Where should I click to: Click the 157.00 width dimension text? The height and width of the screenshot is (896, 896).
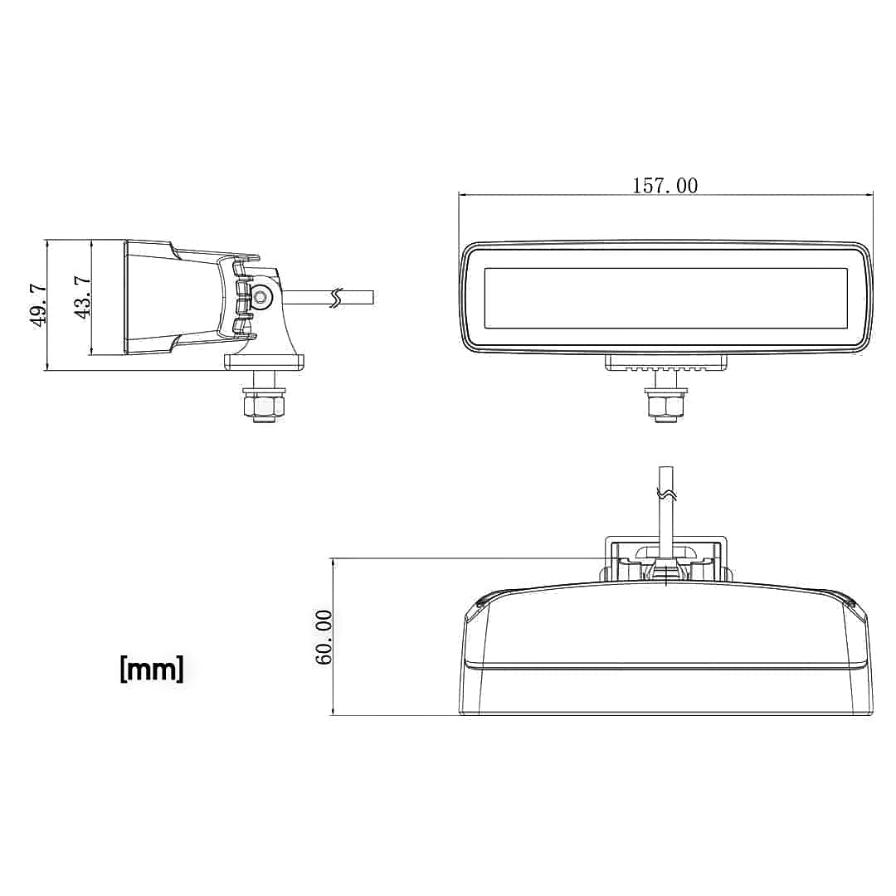[665, 186]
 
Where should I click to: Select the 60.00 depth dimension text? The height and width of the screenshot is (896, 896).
[324, 637]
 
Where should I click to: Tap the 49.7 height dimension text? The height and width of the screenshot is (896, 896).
[38, 305]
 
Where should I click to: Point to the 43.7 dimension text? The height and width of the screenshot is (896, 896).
[82, 296]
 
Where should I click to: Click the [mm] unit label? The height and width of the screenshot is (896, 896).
[152, 669]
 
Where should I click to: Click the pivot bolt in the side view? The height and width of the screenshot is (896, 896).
[262, 296]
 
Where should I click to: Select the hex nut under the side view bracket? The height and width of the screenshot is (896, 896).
[264, 407]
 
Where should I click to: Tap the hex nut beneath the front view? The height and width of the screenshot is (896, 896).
[665, 407]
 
